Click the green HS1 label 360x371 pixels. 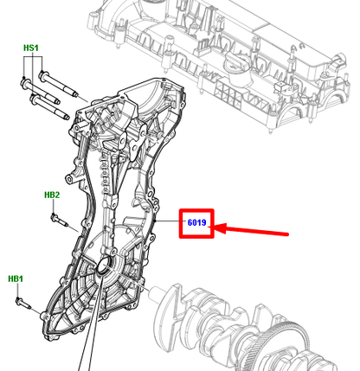[31, 48]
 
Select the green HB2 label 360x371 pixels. [52, 195]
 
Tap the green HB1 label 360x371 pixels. [16, 278]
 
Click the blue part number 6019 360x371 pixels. [196, 222]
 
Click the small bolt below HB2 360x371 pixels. [59, 220]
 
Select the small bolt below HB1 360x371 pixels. [23, 302]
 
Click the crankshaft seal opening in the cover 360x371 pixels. [104, 265]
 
